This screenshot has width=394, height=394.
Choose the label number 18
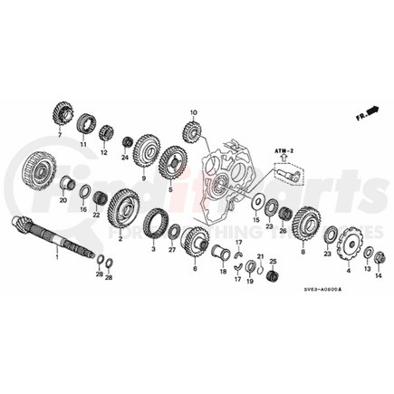[223, 270]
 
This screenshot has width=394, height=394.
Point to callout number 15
[255, 220]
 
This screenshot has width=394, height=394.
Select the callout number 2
[119, 241]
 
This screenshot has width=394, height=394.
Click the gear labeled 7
[65, 117]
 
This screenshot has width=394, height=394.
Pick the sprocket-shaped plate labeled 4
[347, 245]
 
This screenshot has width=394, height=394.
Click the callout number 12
[103, 153]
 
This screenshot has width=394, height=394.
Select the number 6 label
[195, 268]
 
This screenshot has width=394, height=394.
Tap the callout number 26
[283, 231]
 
